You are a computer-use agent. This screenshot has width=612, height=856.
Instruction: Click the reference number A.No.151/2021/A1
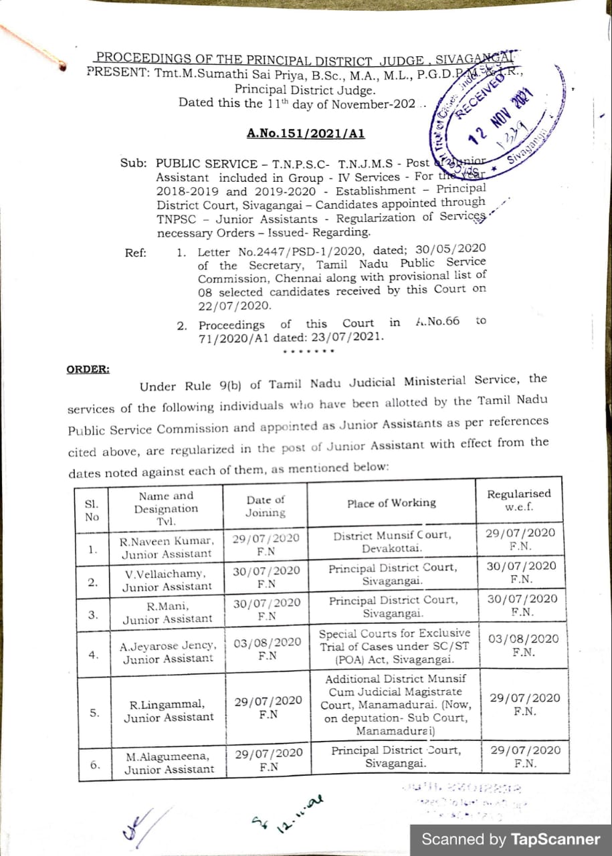[x=306, y=133]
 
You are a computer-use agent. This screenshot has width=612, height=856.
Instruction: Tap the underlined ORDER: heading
[x=88, y=368]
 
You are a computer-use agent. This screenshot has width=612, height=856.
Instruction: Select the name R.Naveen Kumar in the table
[x=167, y=540]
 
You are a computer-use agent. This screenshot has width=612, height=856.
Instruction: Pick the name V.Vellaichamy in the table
[x=166, y=574]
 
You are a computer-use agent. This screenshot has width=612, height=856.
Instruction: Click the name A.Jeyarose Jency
[x=168, y=646]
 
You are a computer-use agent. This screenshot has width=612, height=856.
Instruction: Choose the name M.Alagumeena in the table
[x=168, y=757]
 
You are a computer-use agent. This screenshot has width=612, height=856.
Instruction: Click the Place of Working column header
[x=391, y=503]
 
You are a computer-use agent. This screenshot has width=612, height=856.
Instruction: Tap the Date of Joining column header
[x=265, y=506]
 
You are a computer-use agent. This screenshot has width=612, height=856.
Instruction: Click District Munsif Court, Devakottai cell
[x=393, y=541]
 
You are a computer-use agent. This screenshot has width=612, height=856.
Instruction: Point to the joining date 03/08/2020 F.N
[x=268, y=649]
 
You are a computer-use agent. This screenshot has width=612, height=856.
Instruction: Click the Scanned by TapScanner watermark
[x=510, y=839]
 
